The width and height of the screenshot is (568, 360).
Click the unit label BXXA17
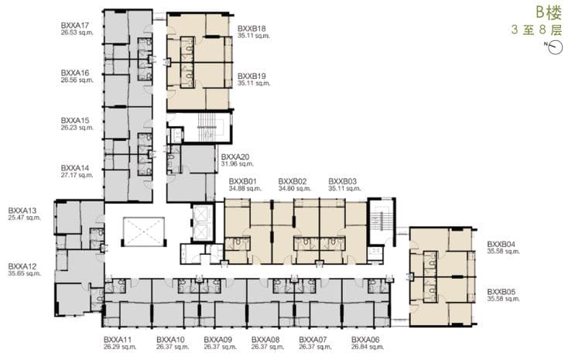(x=74, y=26)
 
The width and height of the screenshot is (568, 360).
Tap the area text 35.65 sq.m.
(x=24, y=273)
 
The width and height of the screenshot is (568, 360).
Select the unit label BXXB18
(x=251, y=29)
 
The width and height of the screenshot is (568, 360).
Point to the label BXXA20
(x=235, y=157)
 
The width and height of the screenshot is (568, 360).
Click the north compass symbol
(x=555, y=47)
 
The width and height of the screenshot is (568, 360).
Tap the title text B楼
(x=549, y=13)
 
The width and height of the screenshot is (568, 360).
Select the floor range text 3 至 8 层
(x=536, y=29)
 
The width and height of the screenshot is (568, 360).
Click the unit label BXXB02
(x=293, y=182)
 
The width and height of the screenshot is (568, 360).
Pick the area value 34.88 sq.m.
(x=245, y=189)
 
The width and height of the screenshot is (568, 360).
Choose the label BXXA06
(x=365, y=340)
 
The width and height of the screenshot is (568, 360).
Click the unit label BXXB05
(x=501, y=292)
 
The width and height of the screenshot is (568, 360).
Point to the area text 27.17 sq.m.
(x=77, y=175)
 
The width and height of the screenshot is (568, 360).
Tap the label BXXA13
(x=22, y=211)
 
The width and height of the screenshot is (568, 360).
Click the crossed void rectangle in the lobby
(x=144, y=231)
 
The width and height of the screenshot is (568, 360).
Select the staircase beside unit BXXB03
(x=381, y=221)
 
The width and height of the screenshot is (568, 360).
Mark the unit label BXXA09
(x=217, y=340)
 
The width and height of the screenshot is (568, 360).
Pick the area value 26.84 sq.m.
(x=368, y=347)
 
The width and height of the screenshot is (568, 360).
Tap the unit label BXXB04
(x=501, y=245)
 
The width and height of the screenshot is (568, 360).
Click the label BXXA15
(x=74, y=120)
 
